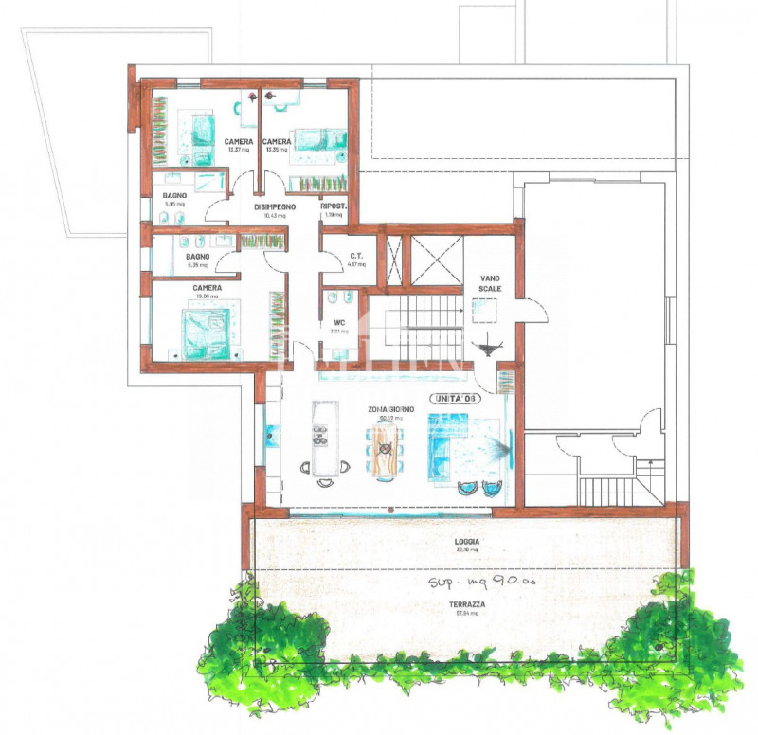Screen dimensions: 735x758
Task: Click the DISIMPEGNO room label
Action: (x=275, y=206)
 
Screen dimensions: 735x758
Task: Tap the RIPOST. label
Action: (x=334, y=206)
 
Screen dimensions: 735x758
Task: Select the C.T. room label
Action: (x=357, y=256)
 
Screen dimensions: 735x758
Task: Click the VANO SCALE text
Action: (x=490, y=281)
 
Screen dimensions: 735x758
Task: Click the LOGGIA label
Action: (x=467, y=542)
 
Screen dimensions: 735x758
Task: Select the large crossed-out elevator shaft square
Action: (x=434, y=258)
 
